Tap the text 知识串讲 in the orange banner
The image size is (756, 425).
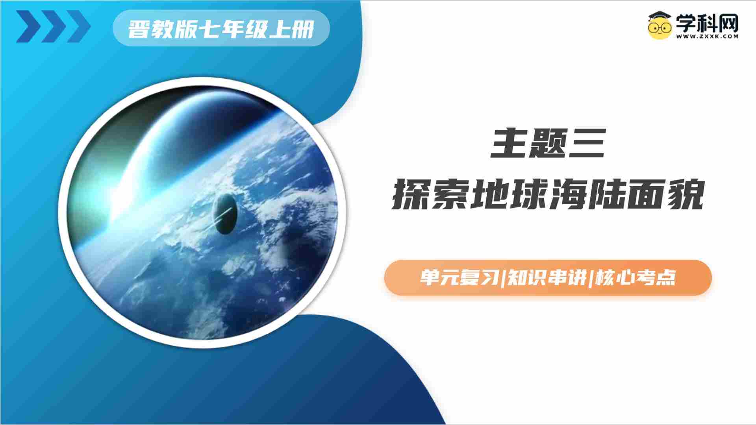547,278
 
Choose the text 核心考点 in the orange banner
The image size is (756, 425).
636,278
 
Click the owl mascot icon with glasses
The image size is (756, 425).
660,25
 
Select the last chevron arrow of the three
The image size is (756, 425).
79,26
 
